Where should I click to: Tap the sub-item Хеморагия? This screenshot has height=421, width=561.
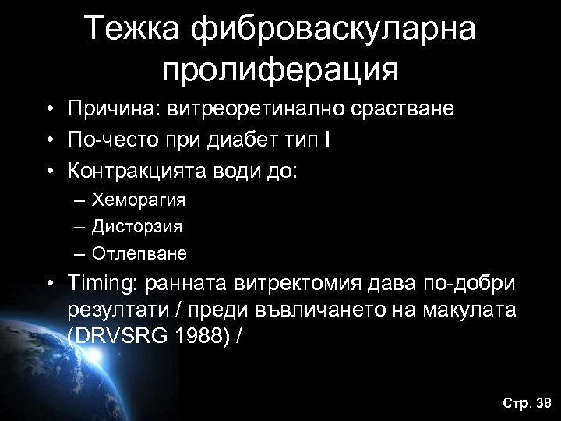[x=138, y=200]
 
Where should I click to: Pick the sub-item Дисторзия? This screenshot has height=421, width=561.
[x=136, y=227]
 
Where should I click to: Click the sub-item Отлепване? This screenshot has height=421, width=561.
[x=139, y=253]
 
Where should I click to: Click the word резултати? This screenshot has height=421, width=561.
[x=116, y=310]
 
